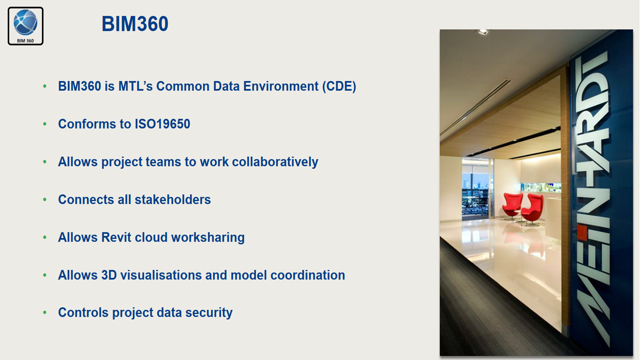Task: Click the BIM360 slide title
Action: pyautogui.click(x=135, y=23)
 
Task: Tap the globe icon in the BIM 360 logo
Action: pyautogui.click(x=25, y=22)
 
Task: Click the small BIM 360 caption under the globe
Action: pyautogui.click(x=25, y=41)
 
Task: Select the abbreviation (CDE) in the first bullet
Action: pyautogui.click(x=339, y=86)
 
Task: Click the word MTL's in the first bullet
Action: pyautogui.click(x=135, y=86)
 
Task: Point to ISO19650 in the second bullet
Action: pyautogui.click(x=162, y=124)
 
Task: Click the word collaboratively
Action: pyautogui.click(x=275, y=162)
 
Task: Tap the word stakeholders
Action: pyautogui.click(x=172, y=199)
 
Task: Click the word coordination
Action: pyautogui.click(x=307, y=275)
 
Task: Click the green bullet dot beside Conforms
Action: pyautogui.click(x=45, y=124)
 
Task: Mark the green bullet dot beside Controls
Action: pyautogui.click(x=45, y=312)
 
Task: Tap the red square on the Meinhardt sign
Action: pyautogui.click(x=582, y=233)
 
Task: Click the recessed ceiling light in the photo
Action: pyautogui.click(x=483, y=32)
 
